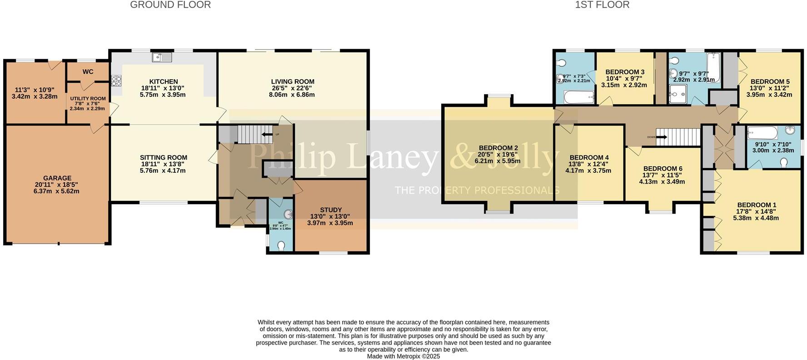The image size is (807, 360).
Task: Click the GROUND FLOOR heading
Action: pyautogui.click(x=170, y=5)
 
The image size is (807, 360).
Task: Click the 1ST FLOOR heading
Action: pyautogui.click(x=602, y=5)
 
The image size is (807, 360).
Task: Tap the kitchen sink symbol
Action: pyautogui.click(x=162, y=57)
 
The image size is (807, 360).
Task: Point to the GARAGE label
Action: pyautogui.click(x=57, y=178)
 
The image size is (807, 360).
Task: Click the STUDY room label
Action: pyautogui.click(x=330, y=210)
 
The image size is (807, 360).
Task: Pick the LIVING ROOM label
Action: pyautogui.click(x=293, y=82)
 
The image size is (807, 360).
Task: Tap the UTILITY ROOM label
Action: pyautogui.click(x=88, y=99)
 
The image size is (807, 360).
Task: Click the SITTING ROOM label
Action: pyautogui.click(x=164, y=158)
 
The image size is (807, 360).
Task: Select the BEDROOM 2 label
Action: pyautogui.click(x=498, y=148)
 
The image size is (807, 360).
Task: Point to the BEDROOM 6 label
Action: pyautogui.click(x=663, y=169)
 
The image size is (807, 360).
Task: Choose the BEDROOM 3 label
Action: pyautogui.click(x=625, y=72)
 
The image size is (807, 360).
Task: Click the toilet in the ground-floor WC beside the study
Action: pyautogui.click(x=281, y=246)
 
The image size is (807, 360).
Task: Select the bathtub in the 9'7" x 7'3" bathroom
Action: pyautogui.click(x=578, y=97)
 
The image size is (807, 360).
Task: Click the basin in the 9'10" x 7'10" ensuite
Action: pyautogui.click(x=792, y=131)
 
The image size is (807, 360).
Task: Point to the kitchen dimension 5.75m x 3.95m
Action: pyautogui.click(x=163, y=95)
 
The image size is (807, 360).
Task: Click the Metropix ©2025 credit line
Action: pyautogui.click(x=403, y=356)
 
